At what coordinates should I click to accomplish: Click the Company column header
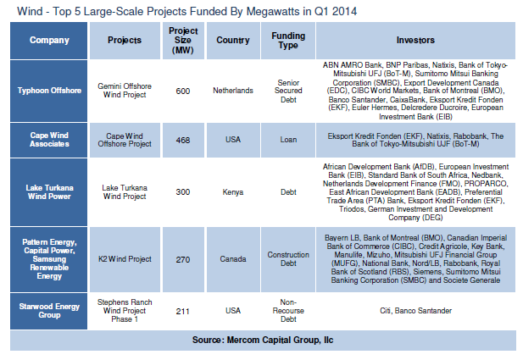point(49,40)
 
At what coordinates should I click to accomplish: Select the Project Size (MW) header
point(182,40)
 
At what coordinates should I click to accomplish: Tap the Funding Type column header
point(287,40)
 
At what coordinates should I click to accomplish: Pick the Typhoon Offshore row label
point(49,90)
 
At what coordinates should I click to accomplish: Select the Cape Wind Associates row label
point(49,139)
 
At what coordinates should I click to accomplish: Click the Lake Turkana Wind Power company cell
point(49,191)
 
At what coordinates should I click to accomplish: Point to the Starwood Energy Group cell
point(49,310)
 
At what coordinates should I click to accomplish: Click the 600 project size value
point(182,91)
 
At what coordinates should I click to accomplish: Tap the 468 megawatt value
point(182,139)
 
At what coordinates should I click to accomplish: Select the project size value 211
point(182,310)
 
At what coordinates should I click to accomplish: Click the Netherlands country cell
point(233,91)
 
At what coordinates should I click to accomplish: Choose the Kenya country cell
point(233,191)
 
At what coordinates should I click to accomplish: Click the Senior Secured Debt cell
point(287,91)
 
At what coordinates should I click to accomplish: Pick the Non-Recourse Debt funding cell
point(287,310)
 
